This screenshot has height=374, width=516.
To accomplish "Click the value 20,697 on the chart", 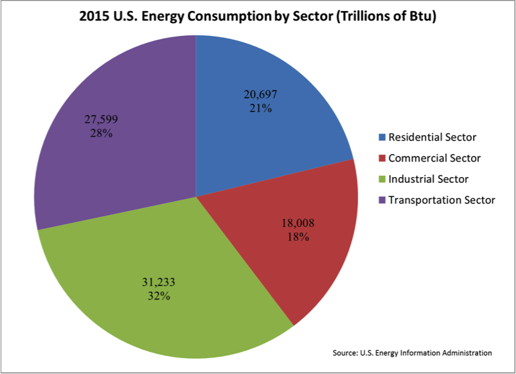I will pos(260,94).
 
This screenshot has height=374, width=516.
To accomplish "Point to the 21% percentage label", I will pos(260,108).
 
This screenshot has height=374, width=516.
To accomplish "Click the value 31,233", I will pos(158,282).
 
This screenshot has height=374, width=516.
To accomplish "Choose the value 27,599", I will pos(101,119).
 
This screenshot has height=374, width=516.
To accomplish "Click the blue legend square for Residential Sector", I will pos(383,137).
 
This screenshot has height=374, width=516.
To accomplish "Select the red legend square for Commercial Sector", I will pos(383,158).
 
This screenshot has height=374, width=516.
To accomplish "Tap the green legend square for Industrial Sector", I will pos(383,179).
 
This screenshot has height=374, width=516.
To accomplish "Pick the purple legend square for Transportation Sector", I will pos(383,200).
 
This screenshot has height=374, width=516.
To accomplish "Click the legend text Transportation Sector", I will pos(442,200).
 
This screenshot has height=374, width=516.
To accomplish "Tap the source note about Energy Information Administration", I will pos(412,353).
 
